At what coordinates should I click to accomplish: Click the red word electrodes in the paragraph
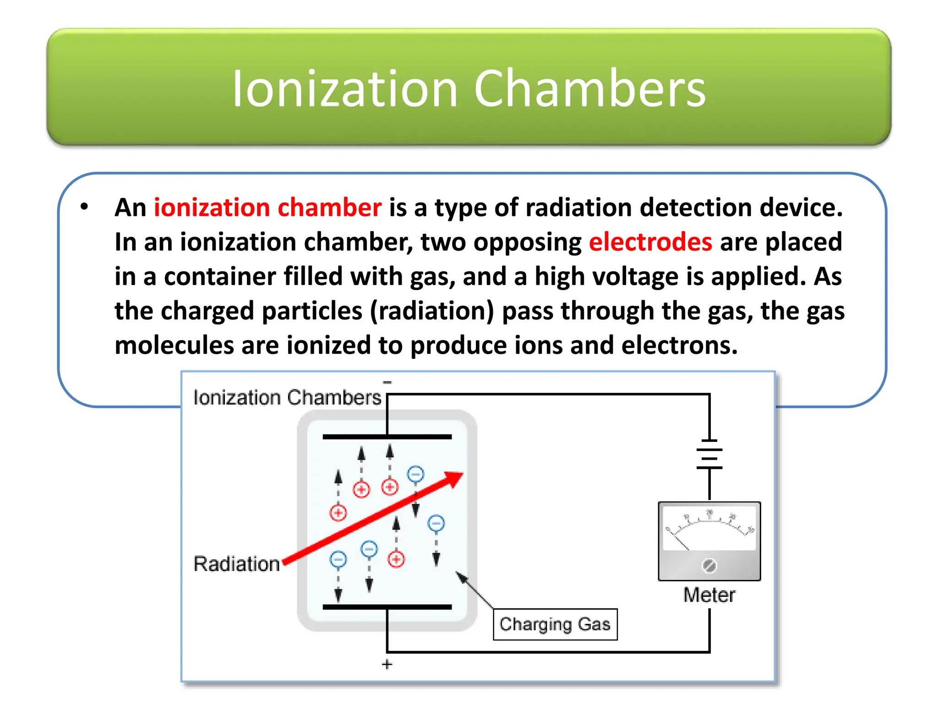pos(650,242)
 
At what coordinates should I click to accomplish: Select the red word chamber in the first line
pos(329,208)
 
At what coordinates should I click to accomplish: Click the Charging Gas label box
pos(555,624)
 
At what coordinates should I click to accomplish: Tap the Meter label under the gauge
pos(709,595)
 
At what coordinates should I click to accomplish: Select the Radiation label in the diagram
pos(236,564)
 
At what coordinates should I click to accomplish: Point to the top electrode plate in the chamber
pos(387,437)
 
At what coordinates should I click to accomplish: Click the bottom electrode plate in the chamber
pos(387,607)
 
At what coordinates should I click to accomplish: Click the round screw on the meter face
pos(709,566)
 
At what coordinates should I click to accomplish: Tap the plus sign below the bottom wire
pos(387,664)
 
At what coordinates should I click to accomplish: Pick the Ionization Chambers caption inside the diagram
pos(287,397)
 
